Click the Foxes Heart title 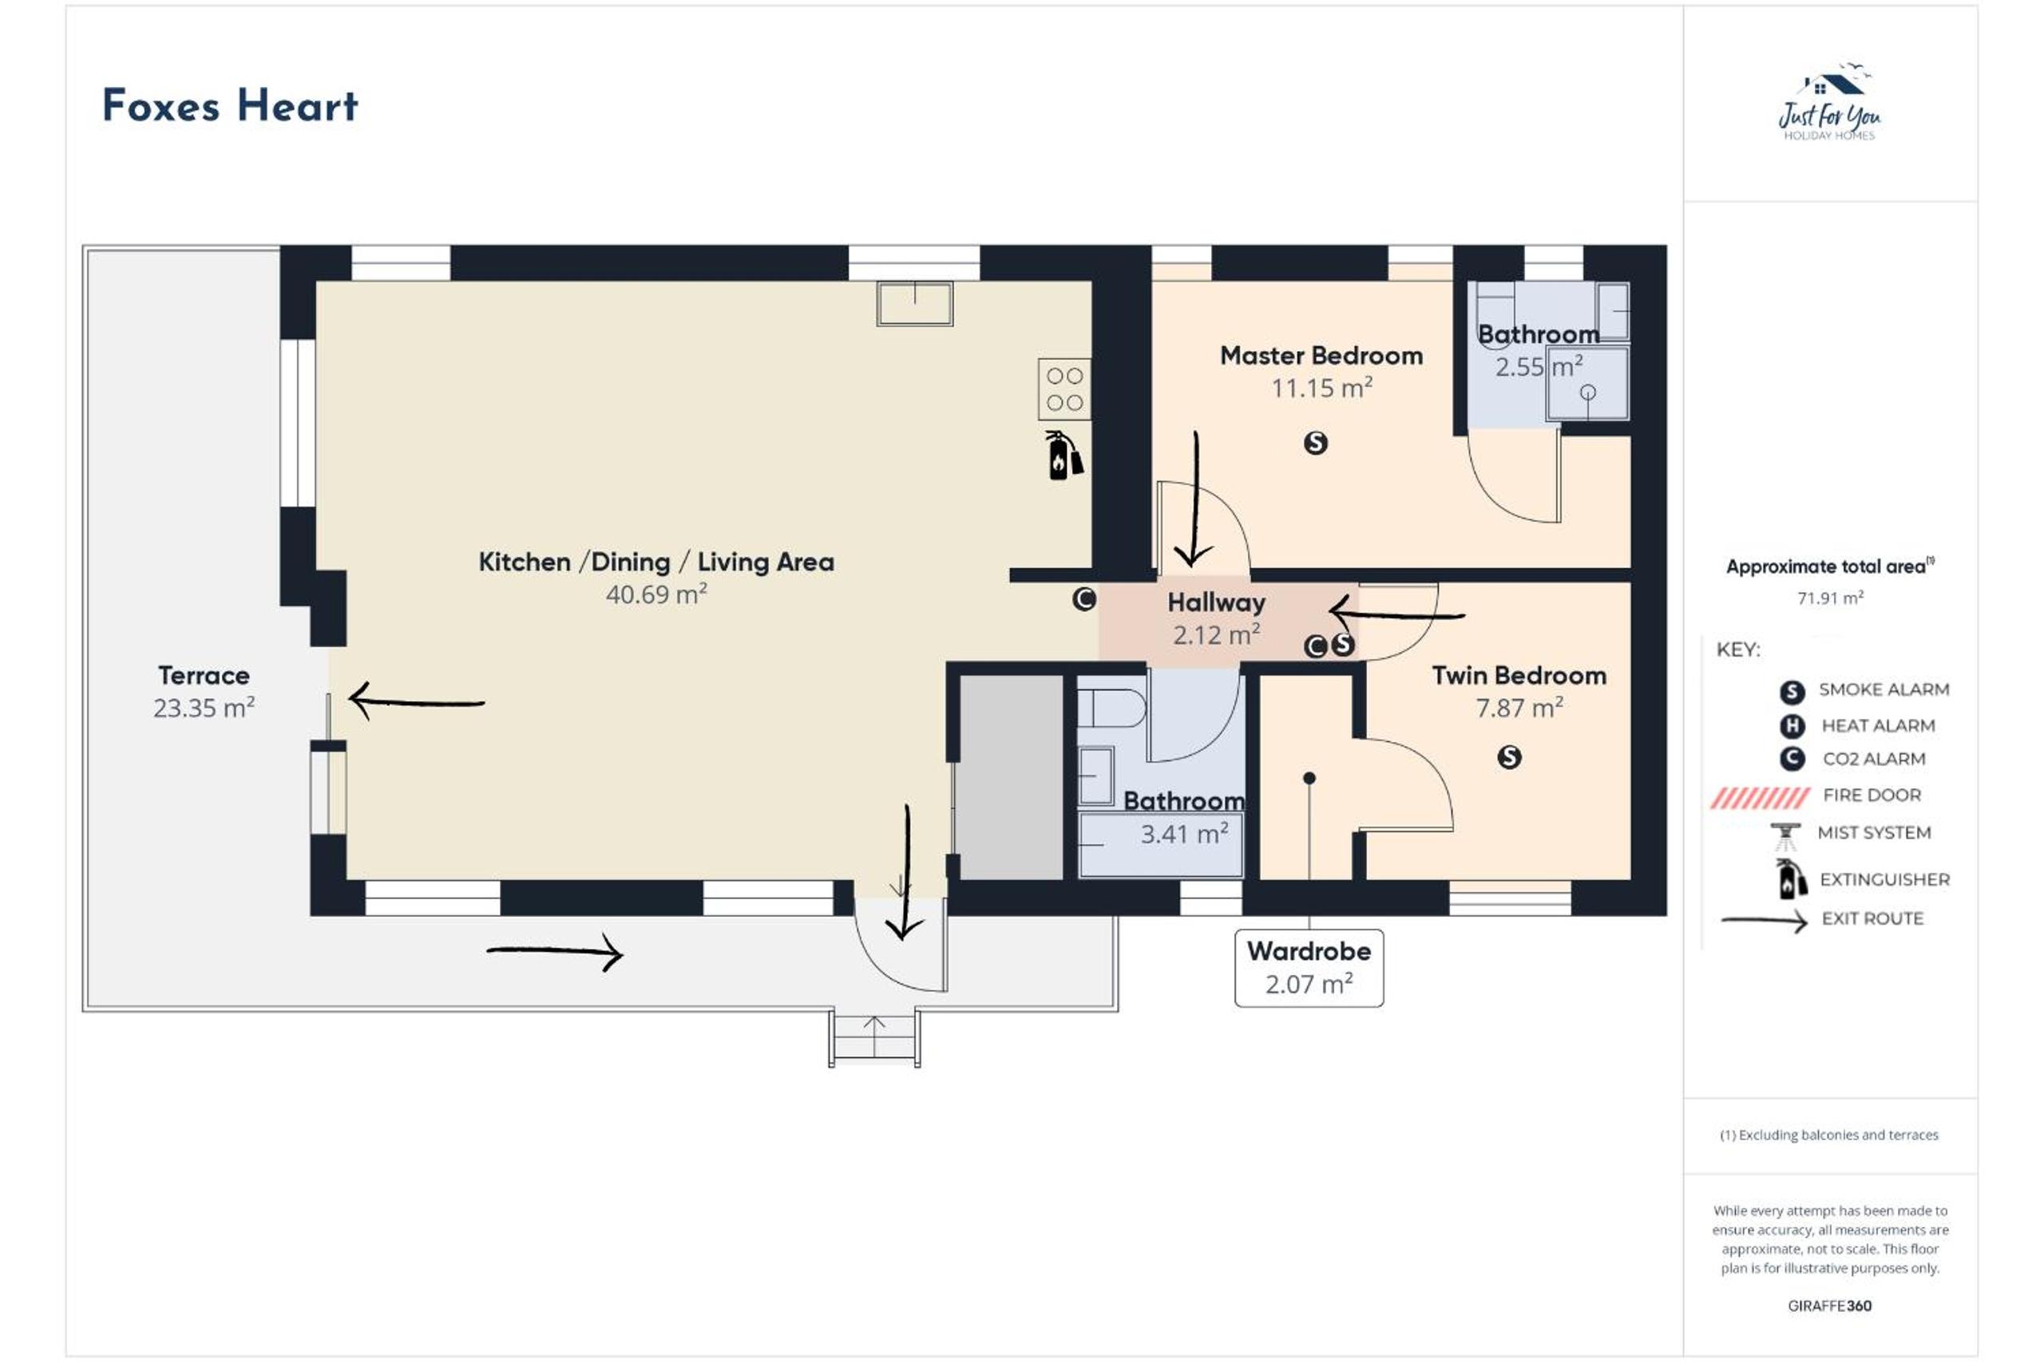click(230, 106)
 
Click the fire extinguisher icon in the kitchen click(1063, 454)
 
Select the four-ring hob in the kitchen click(1064, 389)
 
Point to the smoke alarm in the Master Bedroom click(1316, 443)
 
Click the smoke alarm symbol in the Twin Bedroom click(1510, 757)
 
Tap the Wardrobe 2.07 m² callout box click(1309, 968)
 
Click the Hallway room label click(1216, 602)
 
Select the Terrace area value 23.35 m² click(204, 708)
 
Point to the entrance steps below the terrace click(874, 1038)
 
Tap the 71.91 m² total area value click(1830, 598)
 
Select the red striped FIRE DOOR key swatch click(1760, 797)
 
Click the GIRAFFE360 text click(1829, 1305)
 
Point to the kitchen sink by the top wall click(914, 303)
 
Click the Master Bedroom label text click(1321, 355)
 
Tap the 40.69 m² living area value click(656, 594)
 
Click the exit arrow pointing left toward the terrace click(416, 701)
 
